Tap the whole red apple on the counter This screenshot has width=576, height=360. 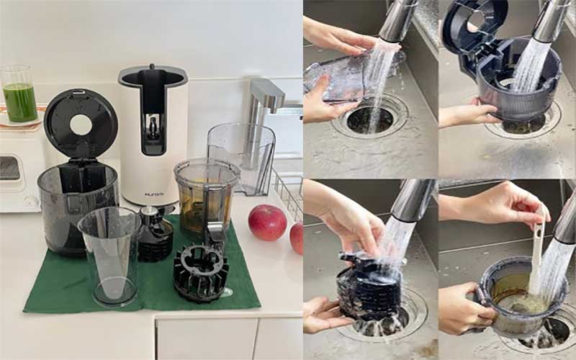tap(267, 222)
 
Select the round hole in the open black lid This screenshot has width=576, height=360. tap(81, 125)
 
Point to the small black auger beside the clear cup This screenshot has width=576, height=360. tap(156, 233)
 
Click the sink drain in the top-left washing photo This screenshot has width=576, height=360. tap(369, 118)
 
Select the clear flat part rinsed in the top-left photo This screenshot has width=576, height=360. tap(338, 75)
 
